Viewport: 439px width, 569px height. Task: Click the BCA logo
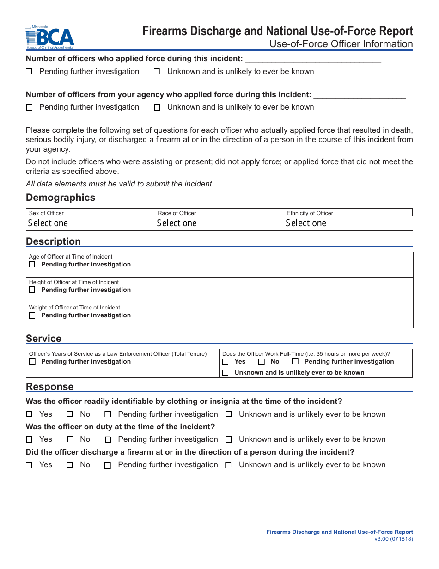(50, 37)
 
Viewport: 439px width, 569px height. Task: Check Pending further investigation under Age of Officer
(32, 265)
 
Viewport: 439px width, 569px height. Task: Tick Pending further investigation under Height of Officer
(32, 290)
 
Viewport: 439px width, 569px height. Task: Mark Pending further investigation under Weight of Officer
(32, 315)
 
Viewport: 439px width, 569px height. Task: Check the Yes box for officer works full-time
(226, 362)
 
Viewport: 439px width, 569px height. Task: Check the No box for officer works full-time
(262, 362)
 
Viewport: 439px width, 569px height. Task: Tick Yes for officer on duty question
(29, 439)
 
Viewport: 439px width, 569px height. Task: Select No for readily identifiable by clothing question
(70, 414)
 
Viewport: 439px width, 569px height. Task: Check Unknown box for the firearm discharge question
(228, 465)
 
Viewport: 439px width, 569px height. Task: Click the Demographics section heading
(61, 198)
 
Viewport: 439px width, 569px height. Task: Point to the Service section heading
(43, 339)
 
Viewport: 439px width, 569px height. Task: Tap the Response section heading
(49, 387)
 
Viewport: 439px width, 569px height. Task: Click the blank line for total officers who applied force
(313, 59)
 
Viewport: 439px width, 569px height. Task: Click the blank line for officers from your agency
(359, 95)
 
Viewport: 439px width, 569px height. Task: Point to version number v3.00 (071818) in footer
(394, 539)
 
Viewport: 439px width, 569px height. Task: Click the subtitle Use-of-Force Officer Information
(341, 44)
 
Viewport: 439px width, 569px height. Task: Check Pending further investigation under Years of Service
(32, 362)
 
